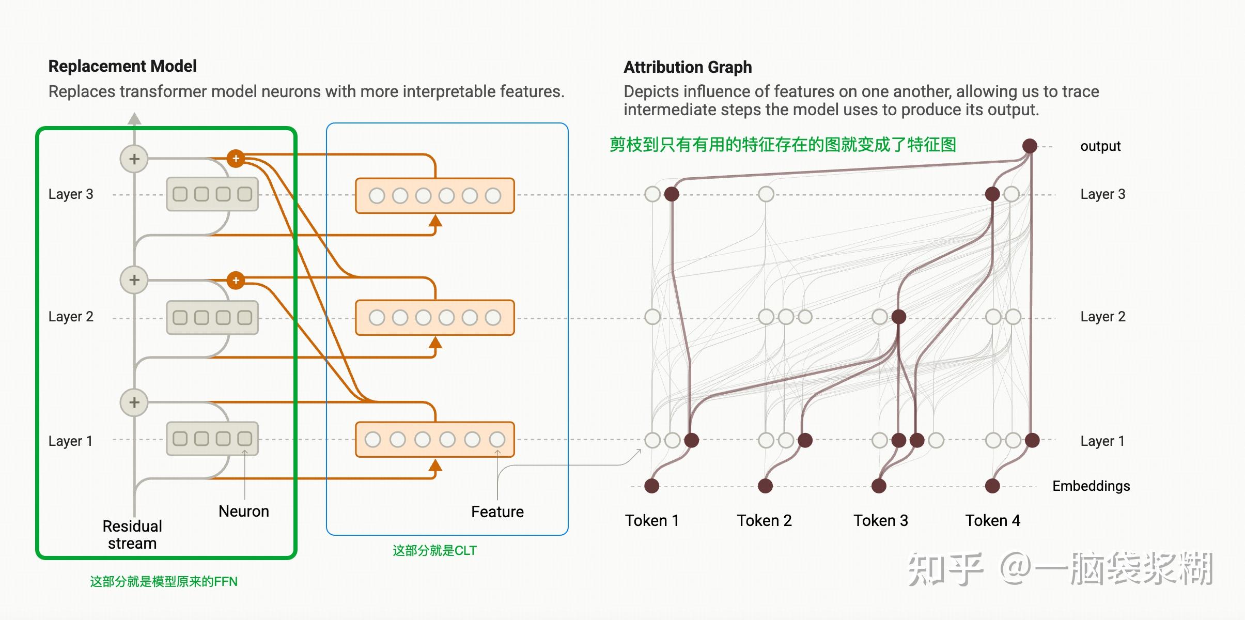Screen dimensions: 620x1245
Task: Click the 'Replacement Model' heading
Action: pos(122,66)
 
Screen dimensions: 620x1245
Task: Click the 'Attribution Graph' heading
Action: pos(688,67)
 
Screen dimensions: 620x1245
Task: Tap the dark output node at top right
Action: pos(1030,146)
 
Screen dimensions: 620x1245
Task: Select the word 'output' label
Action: pos(1100,146)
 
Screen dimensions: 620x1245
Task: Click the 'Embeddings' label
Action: pos(1091,486)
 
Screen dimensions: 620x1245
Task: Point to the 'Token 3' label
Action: pos(880,520)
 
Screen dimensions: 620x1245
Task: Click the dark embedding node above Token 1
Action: pos(652,486)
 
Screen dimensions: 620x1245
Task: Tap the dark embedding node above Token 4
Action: pos(992,486)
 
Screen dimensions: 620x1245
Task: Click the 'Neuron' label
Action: pos(244,511)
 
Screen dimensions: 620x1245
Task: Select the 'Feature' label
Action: pos(497,512)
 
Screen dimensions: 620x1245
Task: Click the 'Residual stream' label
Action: pos(132,535)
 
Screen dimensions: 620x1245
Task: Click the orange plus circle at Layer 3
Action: pos(236,158)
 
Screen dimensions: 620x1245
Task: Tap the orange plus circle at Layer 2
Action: pos(236,281)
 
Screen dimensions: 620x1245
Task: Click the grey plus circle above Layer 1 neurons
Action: pos(134,402)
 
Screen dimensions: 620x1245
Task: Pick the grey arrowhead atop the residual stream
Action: pos(134,119)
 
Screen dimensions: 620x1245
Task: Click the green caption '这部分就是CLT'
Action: pos(434,551)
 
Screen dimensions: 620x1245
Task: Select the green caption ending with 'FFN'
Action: pos(164,582)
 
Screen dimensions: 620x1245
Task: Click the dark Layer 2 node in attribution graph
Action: pos(899,317)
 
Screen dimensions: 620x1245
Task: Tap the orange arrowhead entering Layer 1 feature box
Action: pos(435,466)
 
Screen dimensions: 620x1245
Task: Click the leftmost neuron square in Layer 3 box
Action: pos(180,194)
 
